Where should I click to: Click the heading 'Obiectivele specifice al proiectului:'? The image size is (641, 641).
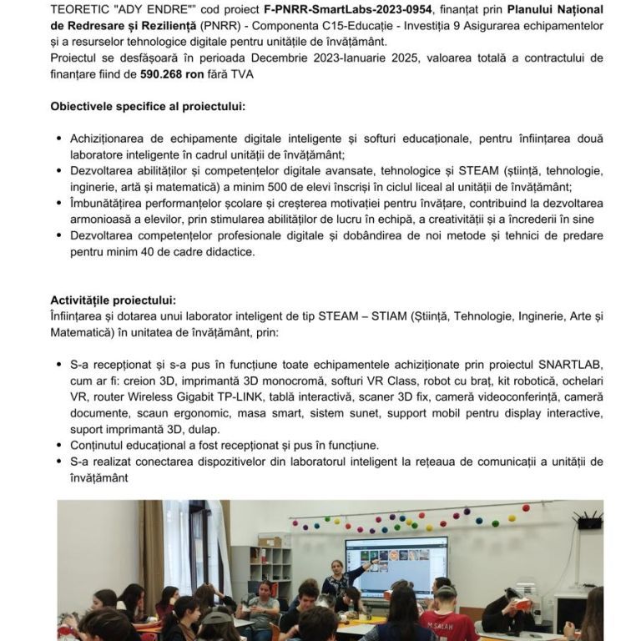[148, 107]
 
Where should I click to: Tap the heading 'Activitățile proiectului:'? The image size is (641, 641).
[113, 300]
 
